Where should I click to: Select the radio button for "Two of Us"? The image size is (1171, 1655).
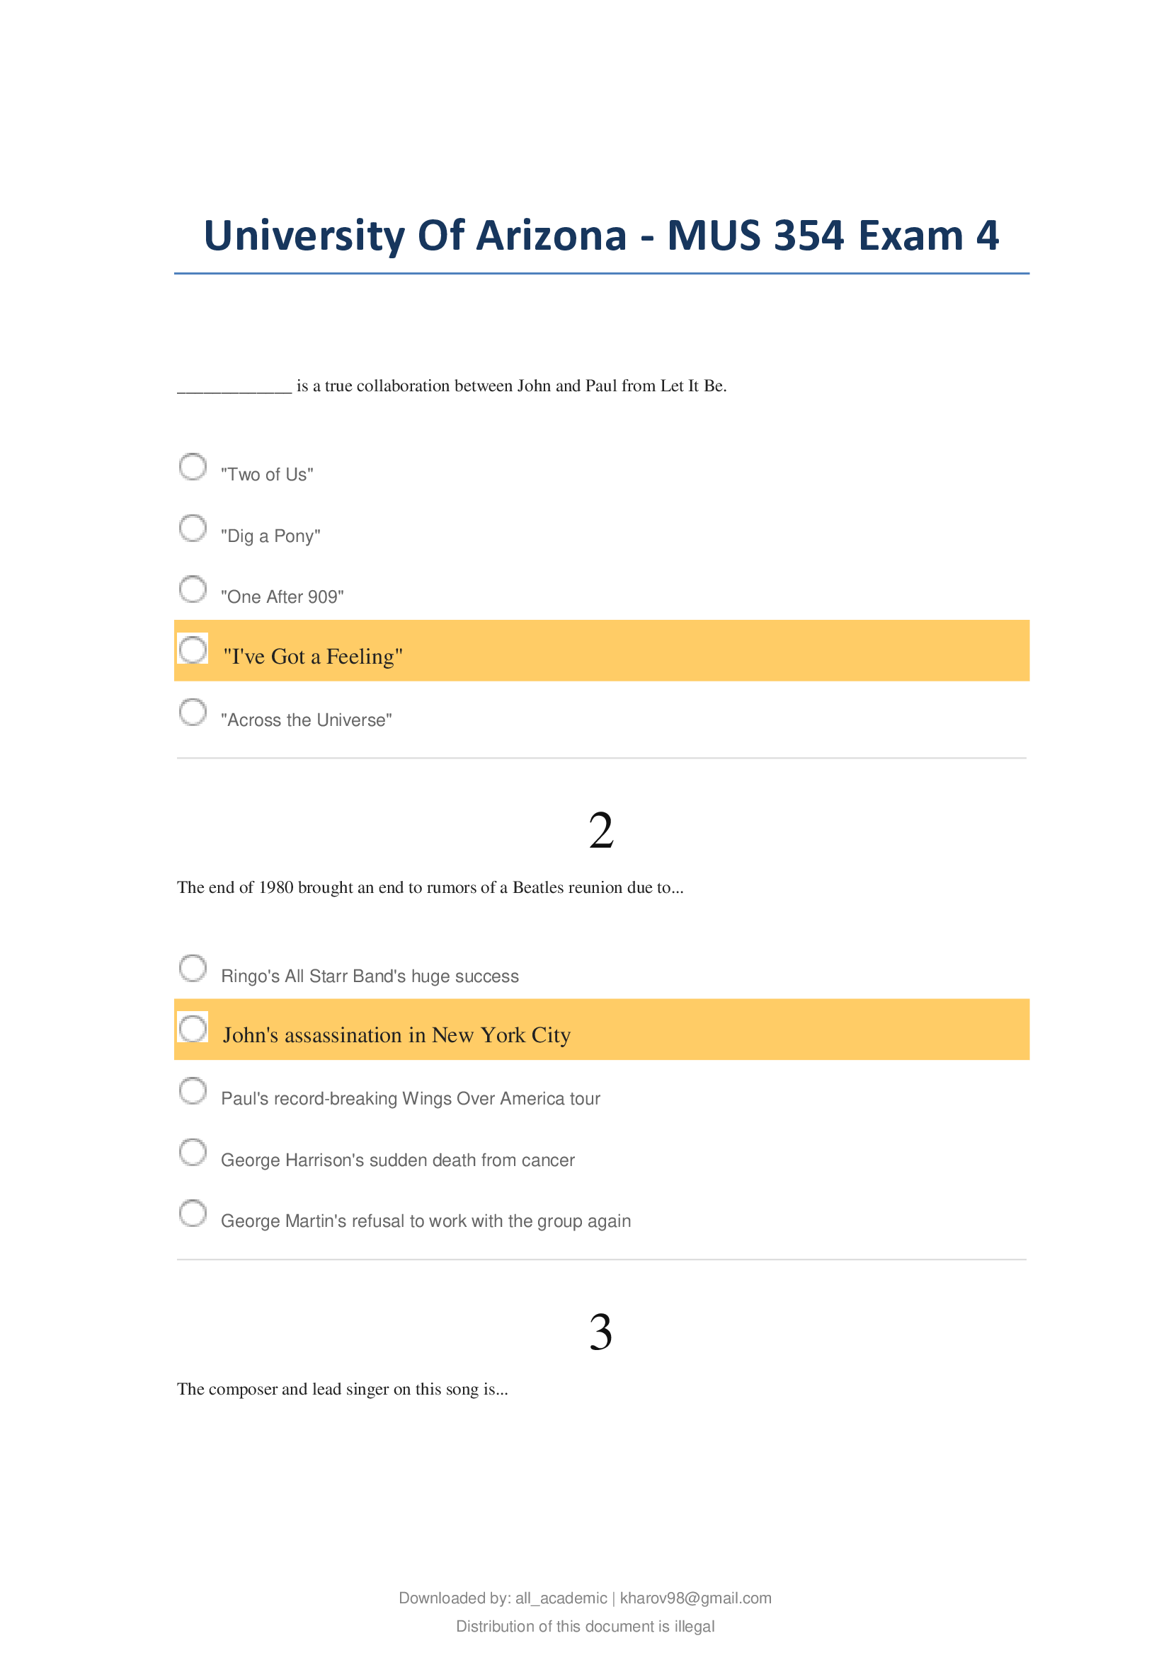coord(193,466)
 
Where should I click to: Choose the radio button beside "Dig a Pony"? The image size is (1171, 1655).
coord(193,528)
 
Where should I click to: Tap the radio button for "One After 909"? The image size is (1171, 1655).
coord(193,589)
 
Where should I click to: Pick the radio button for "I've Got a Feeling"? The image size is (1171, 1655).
coord(193,650)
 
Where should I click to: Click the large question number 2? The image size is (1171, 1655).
coord(600,831)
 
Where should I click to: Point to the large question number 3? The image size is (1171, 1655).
coord(600,1332)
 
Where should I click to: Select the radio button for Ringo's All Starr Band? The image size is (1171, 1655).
coord(193,968)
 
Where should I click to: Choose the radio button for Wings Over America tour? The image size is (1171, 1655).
coord(193,1090)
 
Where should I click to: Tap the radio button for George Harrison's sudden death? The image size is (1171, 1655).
coord(193,1152)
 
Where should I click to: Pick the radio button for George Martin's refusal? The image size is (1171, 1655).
coord(193,1213)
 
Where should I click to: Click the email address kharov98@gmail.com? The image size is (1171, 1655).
coord(695,1598)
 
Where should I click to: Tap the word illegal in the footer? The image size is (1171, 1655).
coord(695,1626)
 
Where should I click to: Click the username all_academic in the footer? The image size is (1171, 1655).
coord(561,1598)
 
